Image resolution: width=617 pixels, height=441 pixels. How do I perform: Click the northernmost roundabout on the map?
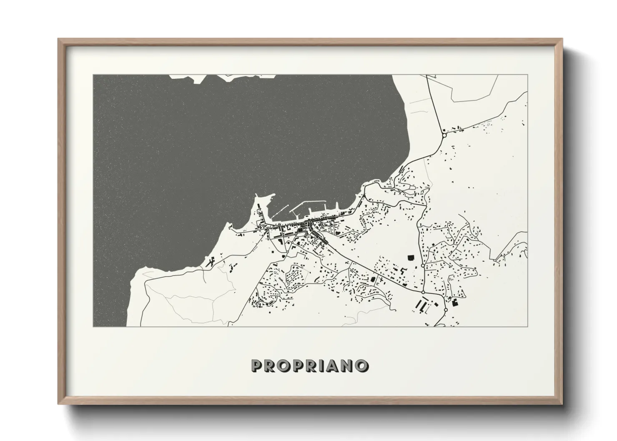point(444,135)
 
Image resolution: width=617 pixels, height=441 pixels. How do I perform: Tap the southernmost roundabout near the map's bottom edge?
point(445,310)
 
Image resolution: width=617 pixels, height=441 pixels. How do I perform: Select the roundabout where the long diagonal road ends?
point(423,293)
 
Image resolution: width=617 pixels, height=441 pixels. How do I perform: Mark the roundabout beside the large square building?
point(423,265)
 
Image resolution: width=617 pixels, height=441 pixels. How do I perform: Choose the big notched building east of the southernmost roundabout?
point(454,301)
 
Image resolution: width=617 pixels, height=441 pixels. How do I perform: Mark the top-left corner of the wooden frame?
point(59,39)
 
